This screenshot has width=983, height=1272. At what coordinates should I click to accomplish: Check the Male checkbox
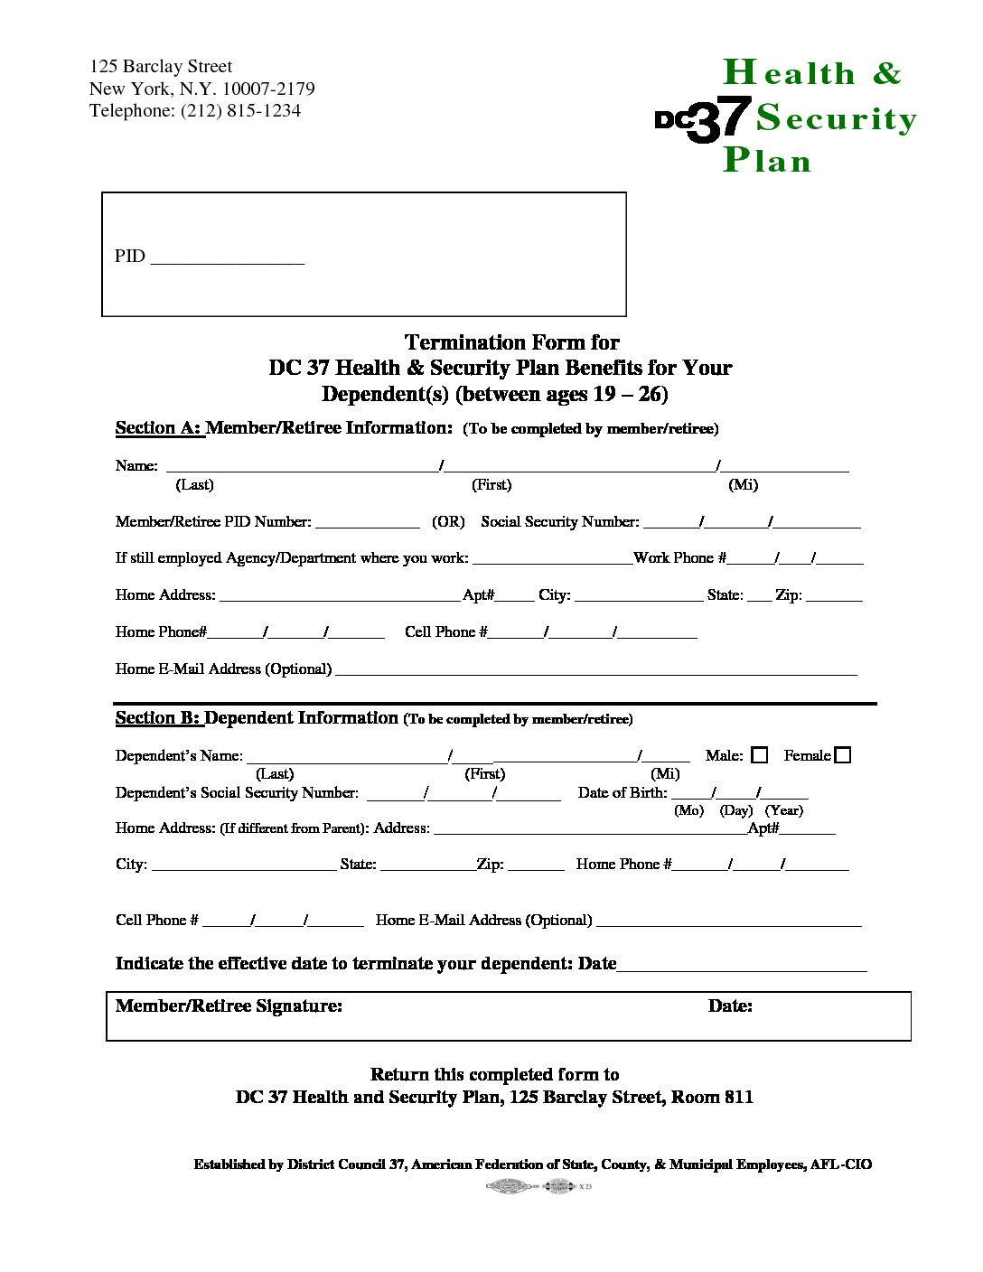tap(760, 755)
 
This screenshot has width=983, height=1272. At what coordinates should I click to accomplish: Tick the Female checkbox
tap(843, 755)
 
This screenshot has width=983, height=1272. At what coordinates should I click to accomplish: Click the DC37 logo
tap(702, 119)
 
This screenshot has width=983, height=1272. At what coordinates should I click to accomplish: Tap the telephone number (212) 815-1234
tap(240, 111)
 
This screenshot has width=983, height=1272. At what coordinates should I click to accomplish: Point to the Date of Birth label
tap(622, 792)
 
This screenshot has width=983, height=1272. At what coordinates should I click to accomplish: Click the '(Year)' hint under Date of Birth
tap(783, 810)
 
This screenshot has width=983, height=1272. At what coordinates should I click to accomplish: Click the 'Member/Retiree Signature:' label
tap(229, 1006)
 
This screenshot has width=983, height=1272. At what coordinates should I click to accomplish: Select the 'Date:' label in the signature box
tap(730, 1006)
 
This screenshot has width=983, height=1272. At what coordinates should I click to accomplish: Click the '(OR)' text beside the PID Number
tap(448, 522)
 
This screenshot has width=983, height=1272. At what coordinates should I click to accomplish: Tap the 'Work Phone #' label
tap(679, 558)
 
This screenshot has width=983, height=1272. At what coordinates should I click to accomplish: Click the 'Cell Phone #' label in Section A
tap(445, 632)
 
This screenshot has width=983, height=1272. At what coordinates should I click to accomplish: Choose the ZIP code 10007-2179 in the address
tap(268, 89)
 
